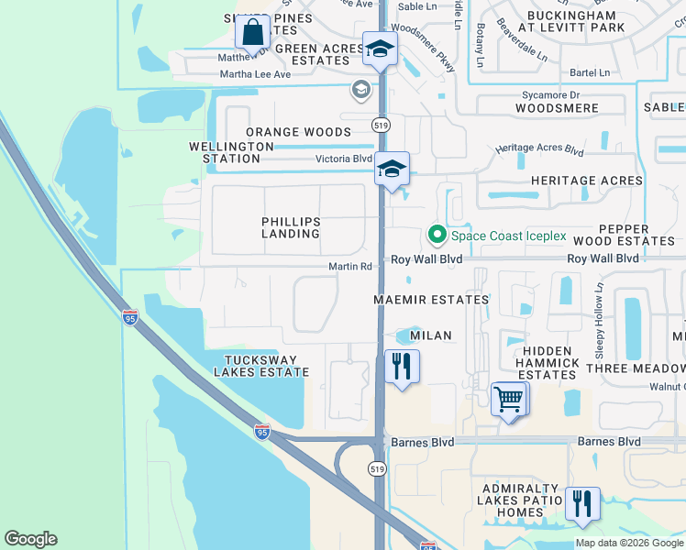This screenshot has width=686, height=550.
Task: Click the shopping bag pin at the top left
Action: [252, 32]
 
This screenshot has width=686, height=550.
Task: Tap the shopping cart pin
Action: [509, 400]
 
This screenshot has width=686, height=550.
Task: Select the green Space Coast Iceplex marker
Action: [437, 236]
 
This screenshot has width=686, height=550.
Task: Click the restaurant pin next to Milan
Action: [402, 367]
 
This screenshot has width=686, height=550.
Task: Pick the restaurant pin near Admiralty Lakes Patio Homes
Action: [582, 504]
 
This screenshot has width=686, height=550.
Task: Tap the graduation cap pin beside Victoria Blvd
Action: [392, 170]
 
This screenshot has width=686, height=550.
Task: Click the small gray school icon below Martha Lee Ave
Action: [360, 90]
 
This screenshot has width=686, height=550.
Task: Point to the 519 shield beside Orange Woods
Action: [379, 124]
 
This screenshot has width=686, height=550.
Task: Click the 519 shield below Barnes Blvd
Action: [377, 468]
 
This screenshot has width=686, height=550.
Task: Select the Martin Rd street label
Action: [350, 268]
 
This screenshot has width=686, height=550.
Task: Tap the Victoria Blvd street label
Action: [344, 158]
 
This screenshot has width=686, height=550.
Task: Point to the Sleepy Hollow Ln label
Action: [599, 319]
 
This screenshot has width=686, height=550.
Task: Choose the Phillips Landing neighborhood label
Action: [291, 227]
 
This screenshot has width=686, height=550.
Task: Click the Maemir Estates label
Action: [431, 300]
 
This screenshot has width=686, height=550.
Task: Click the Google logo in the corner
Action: [31, 539]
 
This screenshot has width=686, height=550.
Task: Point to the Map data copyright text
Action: [628, 543]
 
